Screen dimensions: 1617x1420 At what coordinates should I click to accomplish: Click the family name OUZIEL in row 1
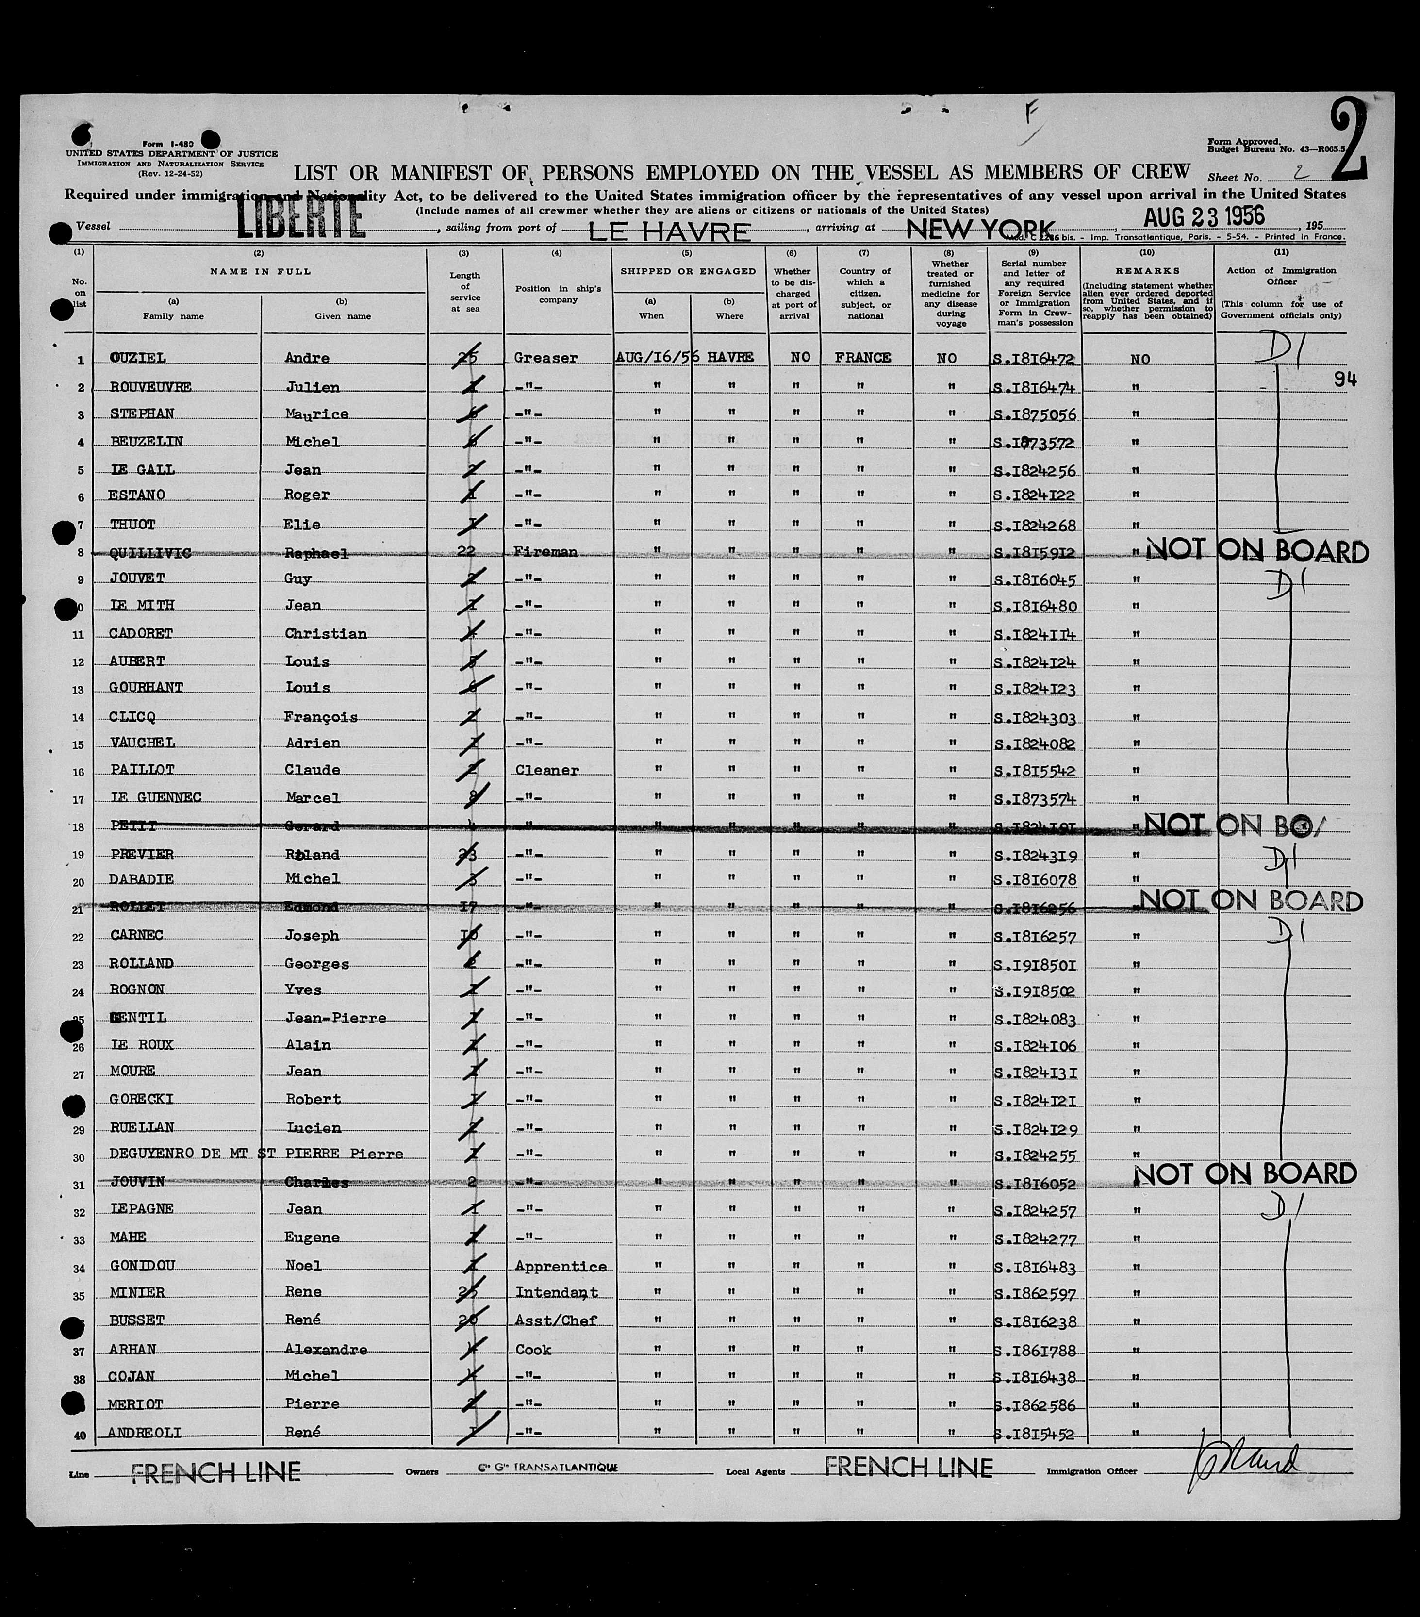[x=138, y=358]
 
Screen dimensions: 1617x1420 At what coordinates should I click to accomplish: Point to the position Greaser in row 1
[x=546, y=358]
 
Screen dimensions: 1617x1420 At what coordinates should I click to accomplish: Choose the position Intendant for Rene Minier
[x=555, y=1293]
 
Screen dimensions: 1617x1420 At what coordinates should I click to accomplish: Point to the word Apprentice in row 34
[x=560, y=1266]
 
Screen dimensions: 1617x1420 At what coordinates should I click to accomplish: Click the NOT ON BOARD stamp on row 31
[x=1245, y=1174]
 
